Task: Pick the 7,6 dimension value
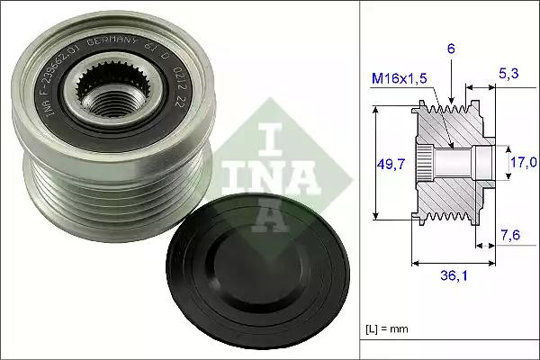(509, 236)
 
